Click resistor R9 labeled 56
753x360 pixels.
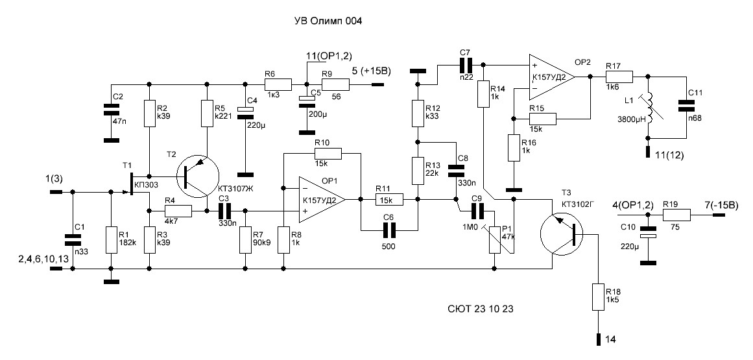coord(336,84)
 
